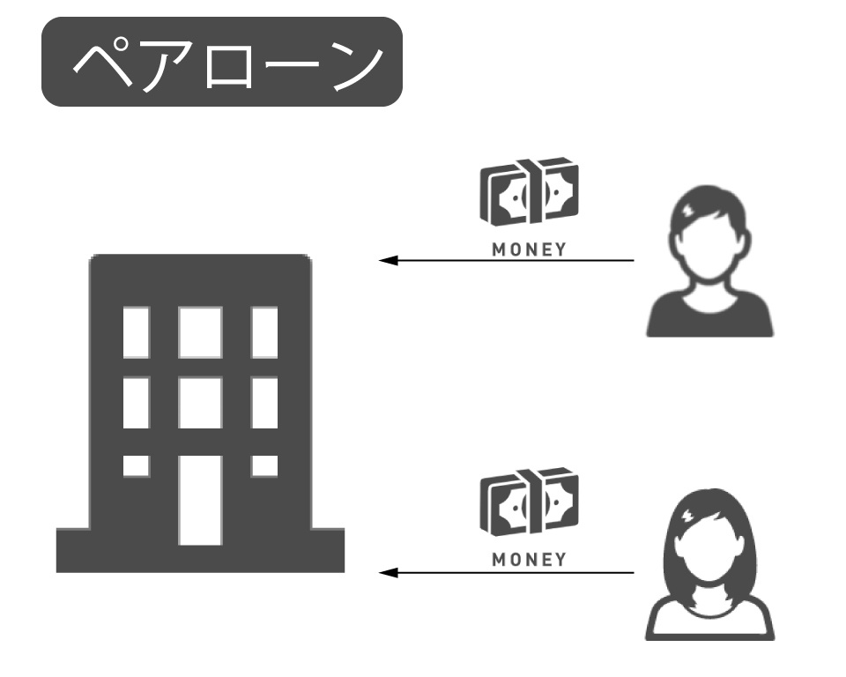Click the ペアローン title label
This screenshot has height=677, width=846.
pos(222,62)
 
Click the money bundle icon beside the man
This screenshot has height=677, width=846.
pos(529,192)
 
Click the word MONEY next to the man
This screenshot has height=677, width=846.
pos(529,249)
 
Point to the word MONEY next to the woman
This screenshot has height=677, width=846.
pos(529,560)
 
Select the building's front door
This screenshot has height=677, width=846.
pos(200,500)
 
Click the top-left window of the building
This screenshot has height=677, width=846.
pos(136,331)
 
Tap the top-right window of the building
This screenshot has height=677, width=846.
pos(264,331)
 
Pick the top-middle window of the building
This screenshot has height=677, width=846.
pos(200,331)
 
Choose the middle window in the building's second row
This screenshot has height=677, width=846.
pos(200,402)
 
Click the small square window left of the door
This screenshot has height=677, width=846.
pos(136,465)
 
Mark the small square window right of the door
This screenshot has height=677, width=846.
pos(264,465)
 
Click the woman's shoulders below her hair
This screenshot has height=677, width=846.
pos(710,621)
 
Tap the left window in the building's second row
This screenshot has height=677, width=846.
pos(136,402)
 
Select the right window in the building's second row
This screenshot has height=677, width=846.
pos(264,402)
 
